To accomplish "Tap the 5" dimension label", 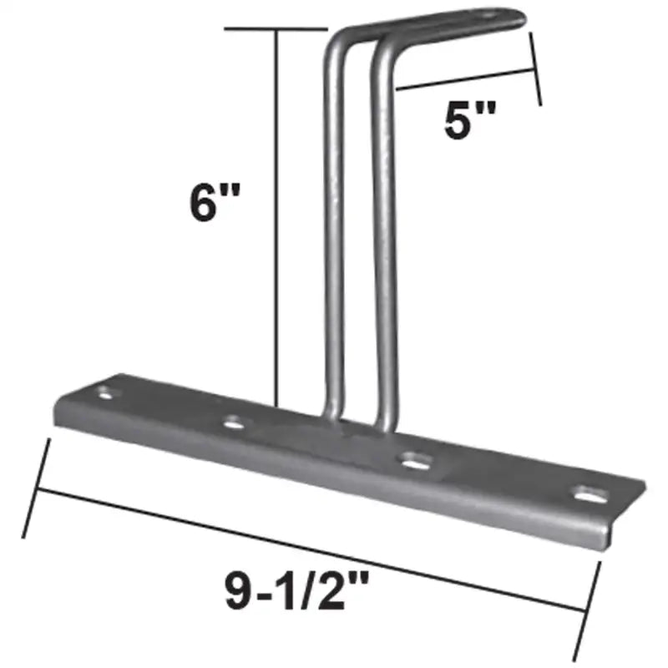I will point(465,122).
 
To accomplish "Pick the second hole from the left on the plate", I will point(235,424).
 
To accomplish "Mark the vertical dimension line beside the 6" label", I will point(276,217).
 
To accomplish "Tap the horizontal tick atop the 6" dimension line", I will point(276,28).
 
